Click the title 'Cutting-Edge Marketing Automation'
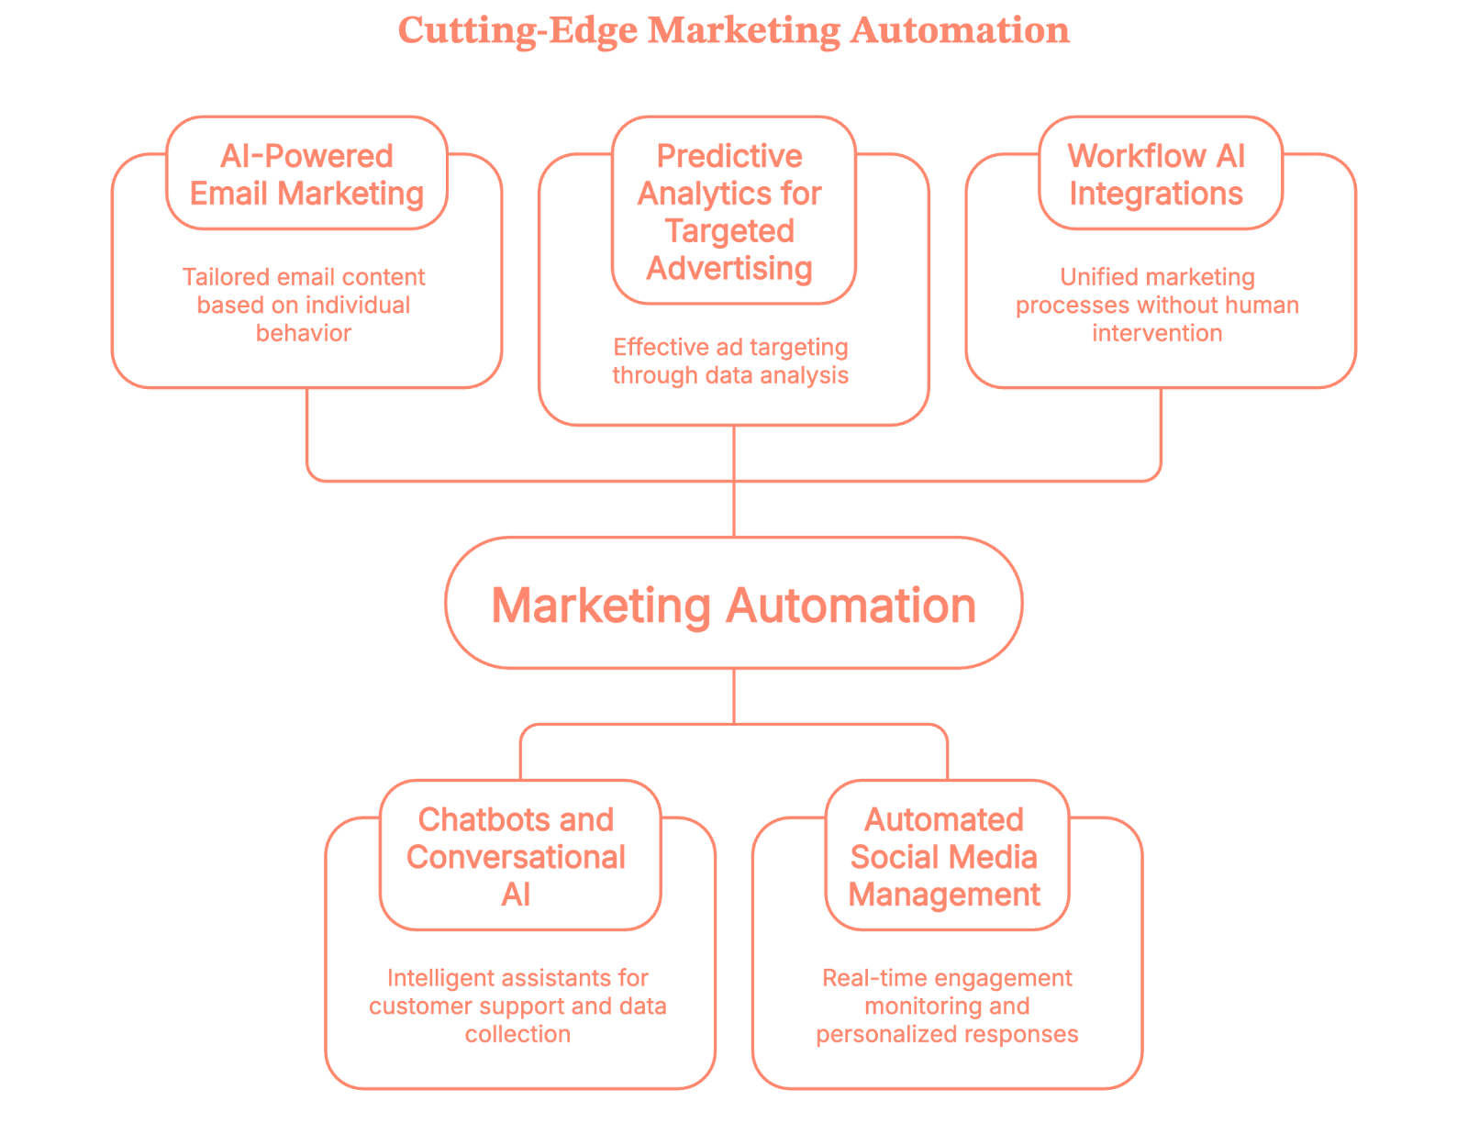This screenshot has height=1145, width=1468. [x=733, y=30]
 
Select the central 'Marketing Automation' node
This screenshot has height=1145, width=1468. [x=733, y=605]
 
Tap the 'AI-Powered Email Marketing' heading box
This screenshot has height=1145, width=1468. [x=306, y=174]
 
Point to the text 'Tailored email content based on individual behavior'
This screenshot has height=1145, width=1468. [x=304, y=305]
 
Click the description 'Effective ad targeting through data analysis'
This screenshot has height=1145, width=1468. [x=730, y=361]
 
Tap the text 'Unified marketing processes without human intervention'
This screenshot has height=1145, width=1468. [x=1157, y=305]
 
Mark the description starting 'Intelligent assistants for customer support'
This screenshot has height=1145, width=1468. [x=517, y=1006]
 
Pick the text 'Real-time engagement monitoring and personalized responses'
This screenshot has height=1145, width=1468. [x=947, y=1006]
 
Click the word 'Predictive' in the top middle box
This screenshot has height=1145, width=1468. [x=729, y=156]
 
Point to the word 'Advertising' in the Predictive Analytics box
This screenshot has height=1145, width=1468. [x=729, y=269]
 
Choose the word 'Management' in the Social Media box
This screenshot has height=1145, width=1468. [x=944, y=895]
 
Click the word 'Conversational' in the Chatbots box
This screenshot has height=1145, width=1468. [x=516, y=857]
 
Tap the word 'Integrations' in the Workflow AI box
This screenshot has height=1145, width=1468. [x=1156, y=194]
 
